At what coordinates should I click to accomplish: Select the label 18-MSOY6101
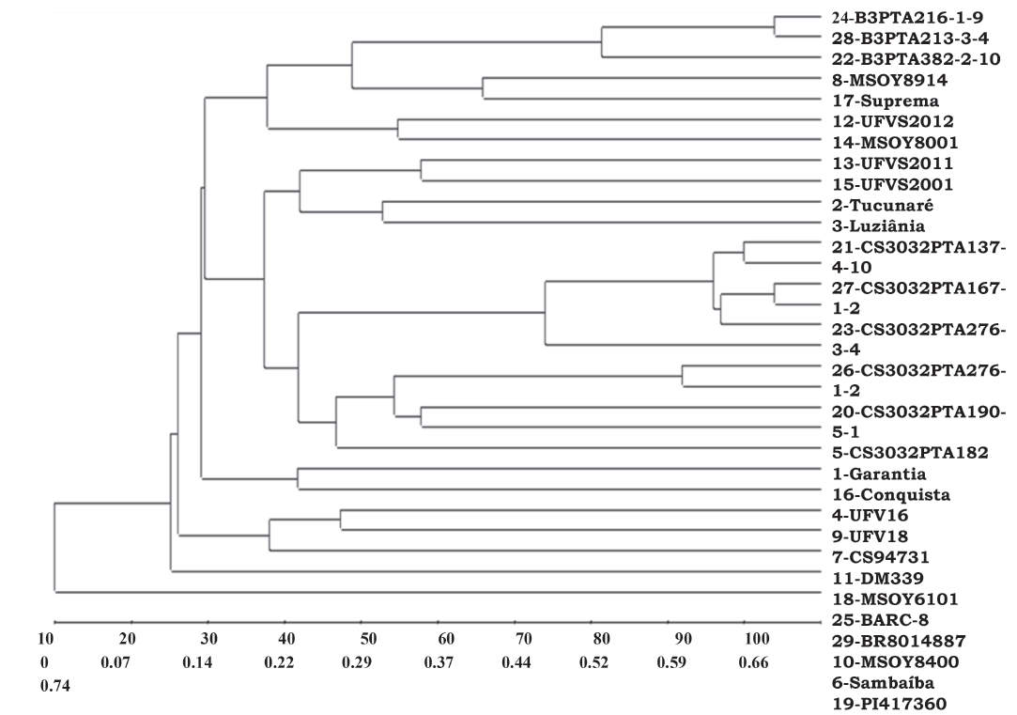[x=886, y=598]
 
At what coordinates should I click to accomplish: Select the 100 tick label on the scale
[x=756, y=640]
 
